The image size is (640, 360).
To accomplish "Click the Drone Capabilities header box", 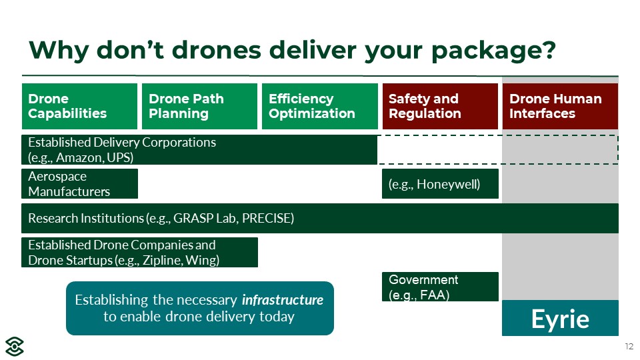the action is (x=79, y=106).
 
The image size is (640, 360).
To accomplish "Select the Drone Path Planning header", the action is (x=199, y=106).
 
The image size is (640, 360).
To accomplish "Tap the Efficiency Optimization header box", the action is (x=319, y=106).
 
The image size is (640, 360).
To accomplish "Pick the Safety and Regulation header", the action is (x=440, y=106).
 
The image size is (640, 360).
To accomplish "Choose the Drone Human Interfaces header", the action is (x=560, y=106).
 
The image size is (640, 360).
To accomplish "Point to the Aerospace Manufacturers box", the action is (x=79, y=184).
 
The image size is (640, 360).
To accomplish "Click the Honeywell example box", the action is (x=440, y=184).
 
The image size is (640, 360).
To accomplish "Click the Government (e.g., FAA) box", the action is (x=440, y=287).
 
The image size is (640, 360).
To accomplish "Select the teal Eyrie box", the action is (x=560, y=318).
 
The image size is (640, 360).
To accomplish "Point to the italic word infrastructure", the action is (x=283, y=300).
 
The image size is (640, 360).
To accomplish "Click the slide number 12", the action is (x=629, y=347).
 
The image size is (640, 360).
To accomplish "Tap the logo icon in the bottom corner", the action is (x=14, y=347).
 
